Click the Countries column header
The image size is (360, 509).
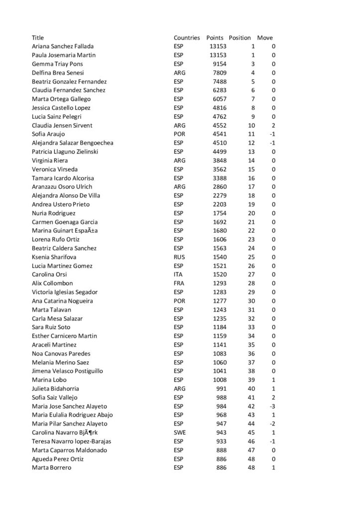click(186, 38)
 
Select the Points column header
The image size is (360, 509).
click(215, 38)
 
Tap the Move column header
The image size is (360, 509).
click(265, 38)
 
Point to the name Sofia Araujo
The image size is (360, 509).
click(48, 134)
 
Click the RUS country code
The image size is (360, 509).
click(179, 257)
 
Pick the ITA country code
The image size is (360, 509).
click(178, 274)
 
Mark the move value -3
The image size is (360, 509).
click(272, 406)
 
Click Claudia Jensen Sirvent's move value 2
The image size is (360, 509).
click(273, 125)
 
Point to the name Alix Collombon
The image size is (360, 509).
click(52, 283)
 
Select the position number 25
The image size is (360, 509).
click(251, 257)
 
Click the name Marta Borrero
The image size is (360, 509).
click(51, 468)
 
